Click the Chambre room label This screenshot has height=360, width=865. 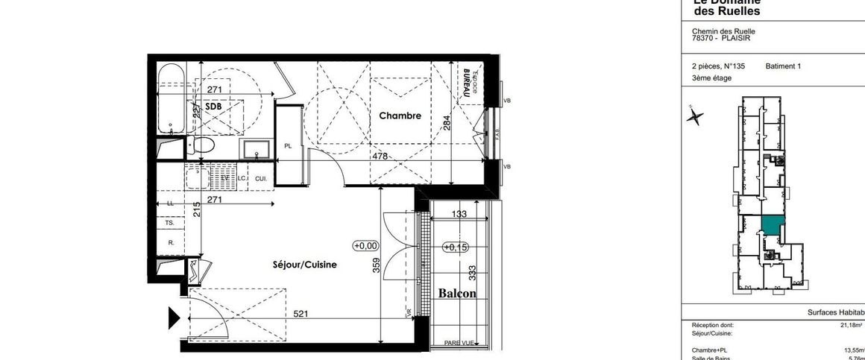400,116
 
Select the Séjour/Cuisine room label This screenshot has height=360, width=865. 304,265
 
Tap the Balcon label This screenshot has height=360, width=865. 457,294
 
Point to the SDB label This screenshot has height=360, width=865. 213,107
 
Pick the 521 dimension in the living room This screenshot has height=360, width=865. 301,315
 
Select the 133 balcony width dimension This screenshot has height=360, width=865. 460,214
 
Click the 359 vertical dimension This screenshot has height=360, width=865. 377,265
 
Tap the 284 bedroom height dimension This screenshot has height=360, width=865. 447,121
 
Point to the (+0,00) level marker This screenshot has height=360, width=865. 365,245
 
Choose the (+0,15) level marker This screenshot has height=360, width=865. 454,247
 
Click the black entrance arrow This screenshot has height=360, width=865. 174,318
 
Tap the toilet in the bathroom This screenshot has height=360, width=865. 201,145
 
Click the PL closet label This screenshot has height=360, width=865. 288,146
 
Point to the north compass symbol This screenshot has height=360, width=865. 695,116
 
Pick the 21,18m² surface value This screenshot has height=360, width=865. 851,325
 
